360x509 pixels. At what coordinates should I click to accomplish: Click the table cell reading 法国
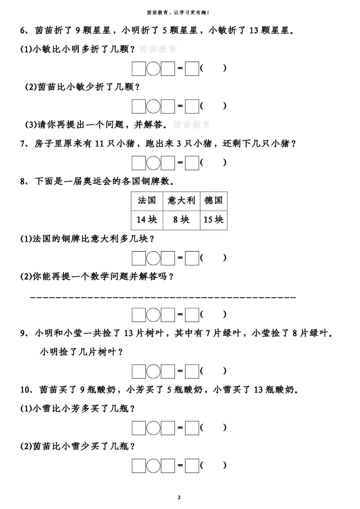tap(147, 201)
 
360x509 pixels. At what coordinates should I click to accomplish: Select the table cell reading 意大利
tap(181, 201)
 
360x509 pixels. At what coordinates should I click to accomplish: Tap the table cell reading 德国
tap(213, 201)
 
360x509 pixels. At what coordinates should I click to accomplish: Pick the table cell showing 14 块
tap(147, 220)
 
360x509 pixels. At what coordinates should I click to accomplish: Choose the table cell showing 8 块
tap(181, 220)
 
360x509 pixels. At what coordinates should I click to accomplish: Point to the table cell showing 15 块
tap(213, 220)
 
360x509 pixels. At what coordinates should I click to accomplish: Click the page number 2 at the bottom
tap(179, 498)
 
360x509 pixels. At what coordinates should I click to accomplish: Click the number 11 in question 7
tap(99, 144)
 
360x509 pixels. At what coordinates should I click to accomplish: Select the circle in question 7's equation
tap(153, 163)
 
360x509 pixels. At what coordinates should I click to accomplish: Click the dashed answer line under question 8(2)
tap(163, 297)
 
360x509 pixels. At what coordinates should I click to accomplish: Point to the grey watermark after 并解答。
tap(192, 125)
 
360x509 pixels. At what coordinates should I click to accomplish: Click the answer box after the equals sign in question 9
tap(192, 371)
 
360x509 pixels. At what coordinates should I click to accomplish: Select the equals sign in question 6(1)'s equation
tap(180, 68)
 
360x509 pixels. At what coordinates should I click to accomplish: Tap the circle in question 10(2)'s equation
tap(153, 466)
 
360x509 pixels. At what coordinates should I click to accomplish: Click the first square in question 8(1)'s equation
tap(139, 258)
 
